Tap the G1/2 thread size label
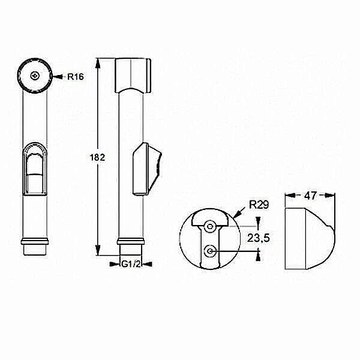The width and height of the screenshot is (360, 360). (131, 264)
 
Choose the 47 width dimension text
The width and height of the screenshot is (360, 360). (311, 195)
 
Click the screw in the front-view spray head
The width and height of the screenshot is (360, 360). (35, 76)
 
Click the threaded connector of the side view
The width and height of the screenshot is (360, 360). (131, 247)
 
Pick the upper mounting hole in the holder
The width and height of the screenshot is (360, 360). (210, 227)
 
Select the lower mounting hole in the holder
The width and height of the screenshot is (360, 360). (210, 251)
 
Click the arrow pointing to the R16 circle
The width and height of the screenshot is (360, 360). (57, 76)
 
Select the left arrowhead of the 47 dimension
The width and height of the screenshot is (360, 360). (288, 195)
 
